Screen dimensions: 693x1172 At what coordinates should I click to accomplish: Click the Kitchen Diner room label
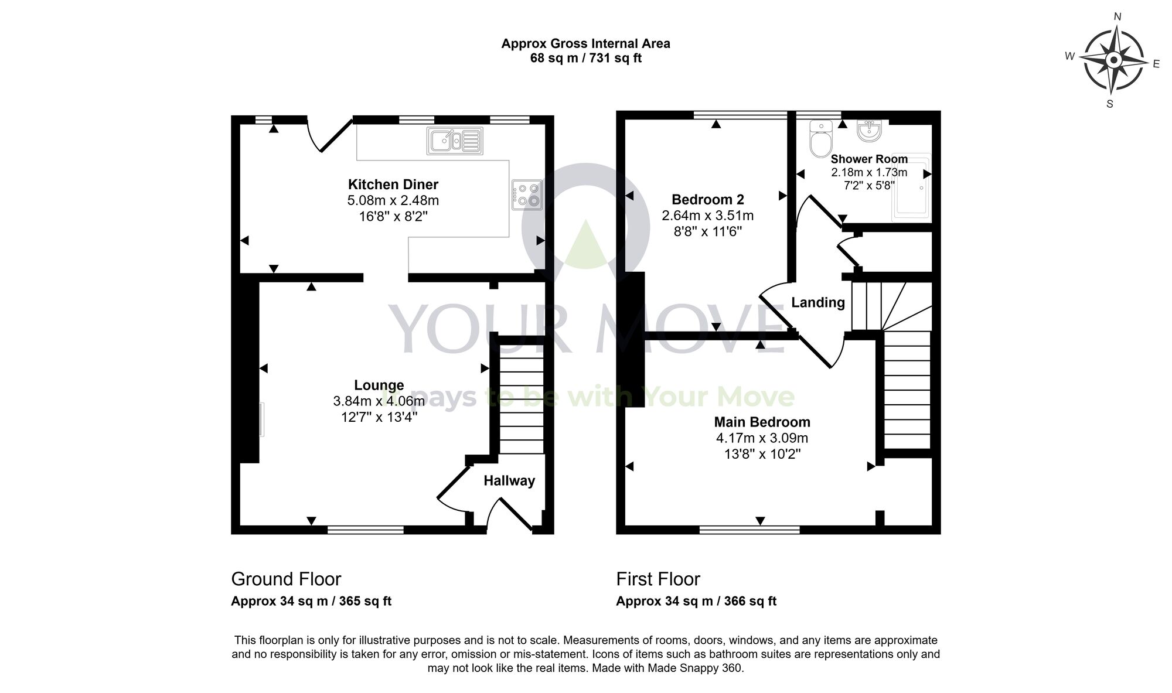pyautogui.click(x=393, y=185)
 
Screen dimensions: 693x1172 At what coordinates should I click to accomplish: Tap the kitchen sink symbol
pyautogui.click(x=455, y=141)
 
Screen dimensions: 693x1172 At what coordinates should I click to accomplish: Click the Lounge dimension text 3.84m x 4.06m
pyautogui.click(x=379, y=401)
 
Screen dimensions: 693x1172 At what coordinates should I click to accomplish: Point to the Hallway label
pyautogui.click(x=509, y=481)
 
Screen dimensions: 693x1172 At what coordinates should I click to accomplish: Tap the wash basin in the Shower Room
pyautogui.click(x=869, y=131)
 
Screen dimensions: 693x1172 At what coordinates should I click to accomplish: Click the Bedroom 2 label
pyautogui.click(x=707, y=199)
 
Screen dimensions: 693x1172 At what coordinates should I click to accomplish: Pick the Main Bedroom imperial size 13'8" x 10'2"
pyautogui.click(x=762, y=454)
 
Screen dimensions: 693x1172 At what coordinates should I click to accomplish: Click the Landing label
pyautogui.click(x=818, y=302)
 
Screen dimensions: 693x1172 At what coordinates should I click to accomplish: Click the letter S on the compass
pyautogui.click(x=1109, y=104)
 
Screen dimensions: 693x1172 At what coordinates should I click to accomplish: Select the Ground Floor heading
pyautogui.click(x=286, y=579)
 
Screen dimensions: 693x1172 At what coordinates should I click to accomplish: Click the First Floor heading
pyautogui.click(x=658, y=579)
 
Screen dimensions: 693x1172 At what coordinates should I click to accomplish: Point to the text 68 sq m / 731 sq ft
pyautogui.click(x=585, y=58)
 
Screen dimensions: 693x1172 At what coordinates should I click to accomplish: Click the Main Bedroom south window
pyautogui.click(x=749, y=530)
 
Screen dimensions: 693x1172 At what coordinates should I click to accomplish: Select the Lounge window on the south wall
pyautogui.click(x=365, y=530)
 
